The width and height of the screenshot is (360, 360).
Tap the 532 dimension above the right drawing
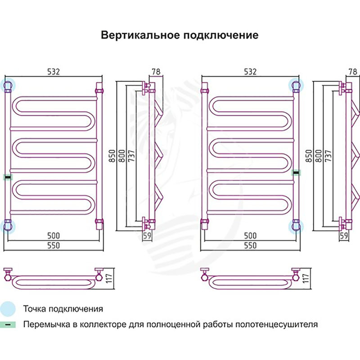(x=250, y=72)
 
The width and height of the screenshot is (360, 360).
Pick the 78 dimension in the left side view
(x=156, y=72)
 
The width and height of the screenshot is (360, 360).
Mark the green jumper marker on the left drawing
(x=7, y=177)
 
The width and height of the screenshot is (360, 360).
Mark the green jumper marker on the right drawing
(x=296, y=172)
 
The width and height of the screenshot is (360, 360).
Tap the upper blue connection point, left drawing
(x=9, y=85)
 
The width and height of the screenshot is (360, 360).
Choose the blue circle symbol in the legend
(x=8, y=309)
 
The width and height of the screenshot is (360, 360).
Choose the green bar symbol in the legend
(x=8, y=324)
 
